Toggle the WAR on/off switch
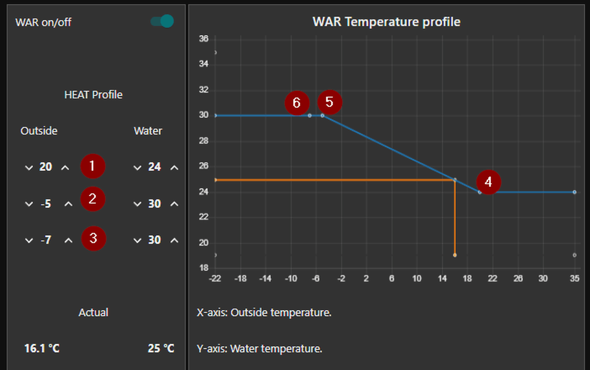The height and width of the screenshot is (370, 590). [x=162, y=22]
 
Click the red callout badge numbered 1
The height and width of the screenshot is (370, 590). [x=93, y=167]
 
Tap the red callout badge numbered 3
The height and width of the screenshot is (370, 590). [x=93, y=239]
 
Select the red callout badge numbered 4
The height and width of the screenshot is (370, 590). [x=488, y=182]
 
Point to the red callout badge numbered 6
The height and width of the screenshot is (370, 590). [x=297, y=103]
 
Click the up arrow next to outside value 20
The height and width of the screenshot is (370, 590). [x=65, y=168]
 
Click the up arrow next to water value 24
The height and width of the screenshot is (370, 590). [x=174, y=168]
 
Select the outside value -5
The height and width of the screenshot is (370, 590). [x=46, y=204]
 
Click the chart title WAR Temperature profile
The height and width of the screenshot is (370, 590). [x=386, y=22]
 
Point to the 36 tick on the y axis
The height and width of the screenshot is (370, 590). [x=204, y=39]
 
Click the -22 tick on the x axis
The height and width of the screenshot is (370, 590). [x=215, y=278]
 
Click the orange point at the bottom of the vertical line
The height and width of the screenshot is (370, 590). [x=455, y=255]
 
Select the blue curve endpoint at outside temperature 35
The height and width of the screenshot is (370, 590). [x=574, y=192]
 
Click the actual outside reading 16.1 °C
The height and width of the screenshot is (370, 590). [x=42, y=348]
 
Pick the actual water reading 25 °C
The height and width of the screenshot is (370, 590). [x=161, y=348]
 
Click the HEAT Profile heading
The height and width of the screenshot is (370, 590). [x=93, y=95]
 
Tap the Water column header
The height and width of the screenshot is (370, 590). [x=148, y=131]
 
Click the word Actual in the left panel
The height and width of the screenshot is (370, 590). [x=93, y=313]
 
